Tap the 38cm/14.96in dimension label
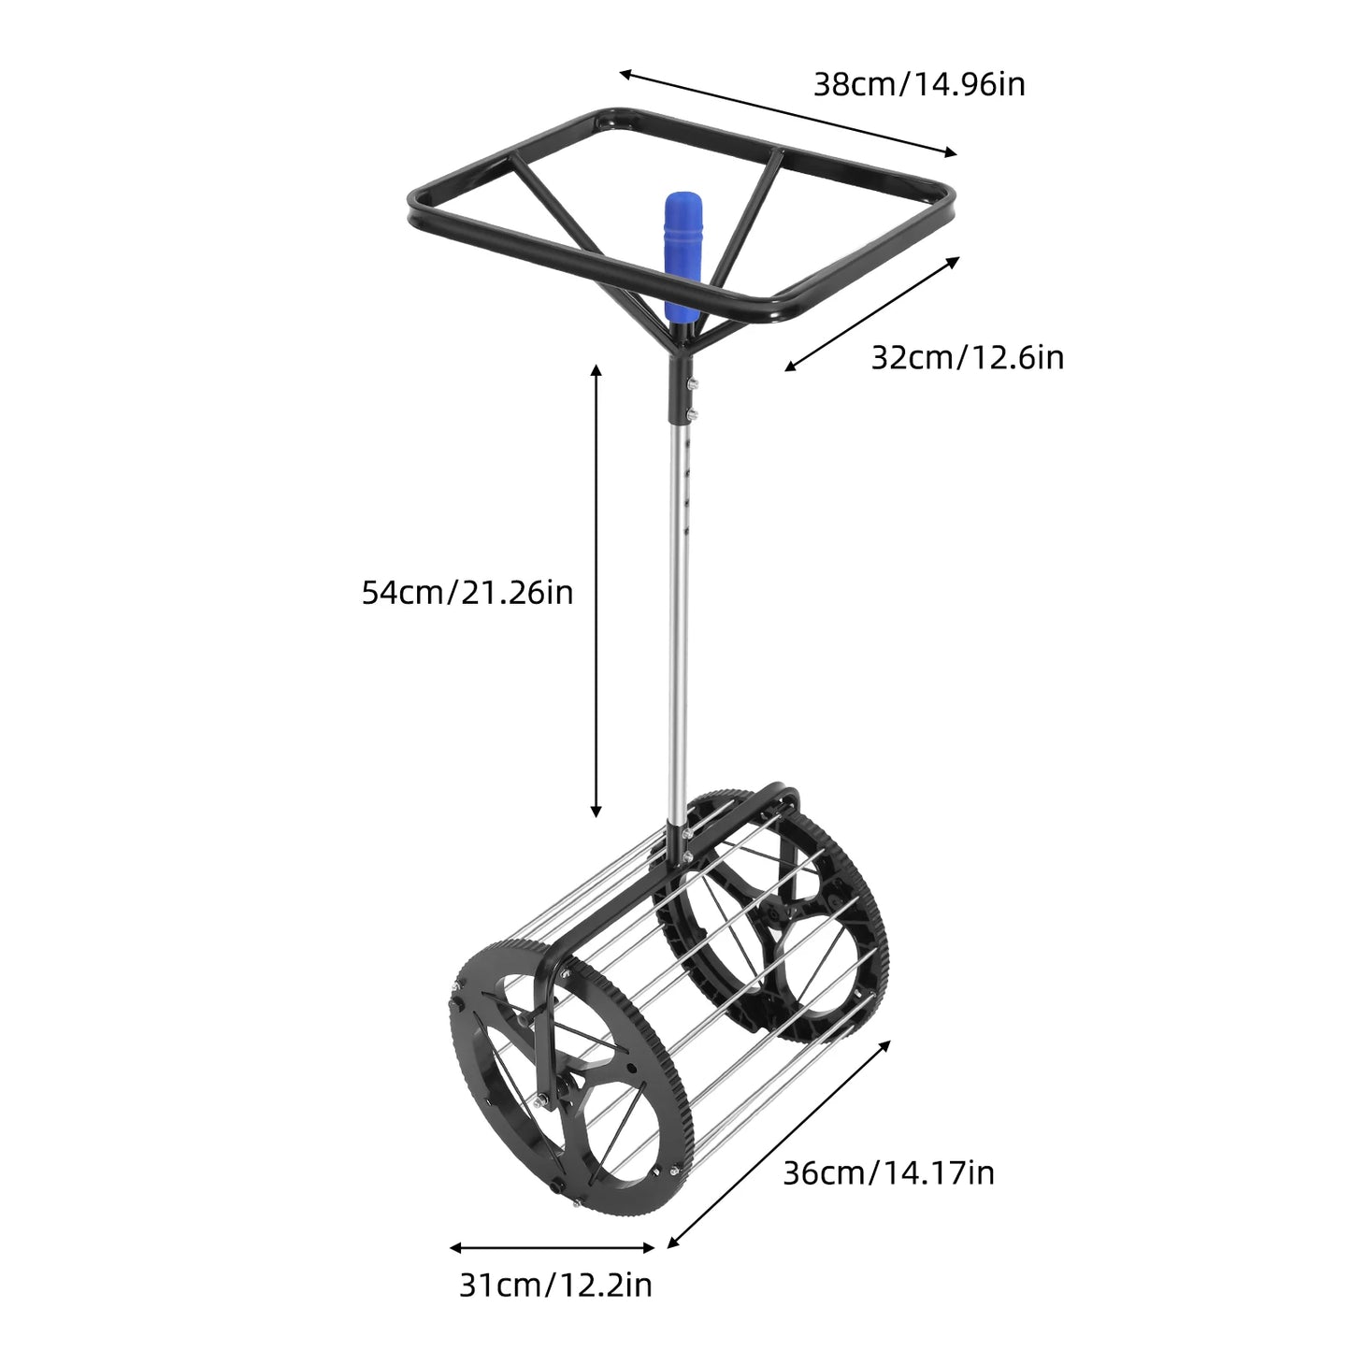pyautogui.click(x=918, y=84)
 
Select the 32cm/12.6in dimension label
pyautogui.click(x=967, y=357)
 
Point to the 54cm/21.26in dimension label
pyautogui.click(x=467, y=592)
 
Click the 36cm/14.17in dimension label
pyautogui.click(x=887, y=1171)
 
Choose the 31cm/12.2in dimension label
pyautogui.click(x=555, y=1285)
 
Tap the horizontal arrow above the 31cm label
pyautogui.click(x=552, y=1247)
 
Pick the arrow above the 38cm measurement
pyautogui.click(x=788, y=112)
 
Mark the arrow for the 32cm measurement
pyautogui.click(x=871, y=314)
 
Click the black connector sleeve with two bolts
pyautogui.click(x=679, y=393)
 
